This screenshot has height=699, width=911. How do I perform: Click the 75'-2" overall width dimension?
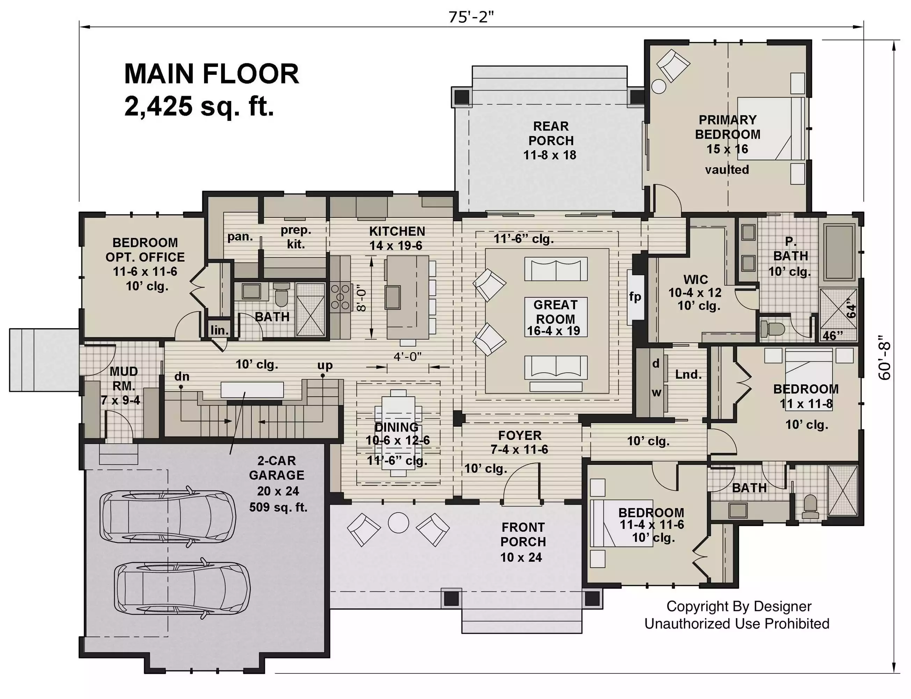pos(471,17)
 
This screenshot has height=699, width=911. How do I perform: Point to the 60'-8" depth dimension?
pos(885,358)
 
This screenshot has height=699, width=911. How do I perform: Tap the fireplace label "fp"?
pos(635,297)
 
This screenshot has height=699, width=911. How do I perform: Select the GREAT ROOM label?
pos(555,312)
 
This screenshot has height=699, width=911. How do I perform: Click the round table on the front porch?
pos(398,523)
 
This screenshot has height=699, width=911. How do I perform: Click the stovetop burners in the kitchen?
pos(340,297)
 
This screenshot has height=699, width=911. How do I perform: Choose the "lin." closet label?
pos(219,330)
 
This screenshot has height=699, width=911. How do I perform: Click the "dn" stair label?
pos(182,376)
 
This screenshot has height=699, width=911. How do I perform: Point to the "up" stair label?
pos(325,366)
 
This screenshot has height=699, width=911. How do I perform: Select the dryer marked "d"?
pos(656,363)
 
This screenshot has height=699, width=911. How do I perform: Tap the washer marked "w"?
pos(656,392)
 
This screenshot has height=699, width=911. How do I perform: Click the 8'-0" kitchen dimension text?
pos(362,298)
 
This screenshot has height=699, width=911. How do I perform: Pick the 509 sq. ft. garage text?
pos(278,507)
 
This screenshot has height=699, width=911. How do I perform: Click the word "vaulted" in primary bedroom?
pos(727,170)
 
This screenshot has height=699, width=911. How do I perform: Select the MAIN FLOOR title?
pos(212,74)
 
